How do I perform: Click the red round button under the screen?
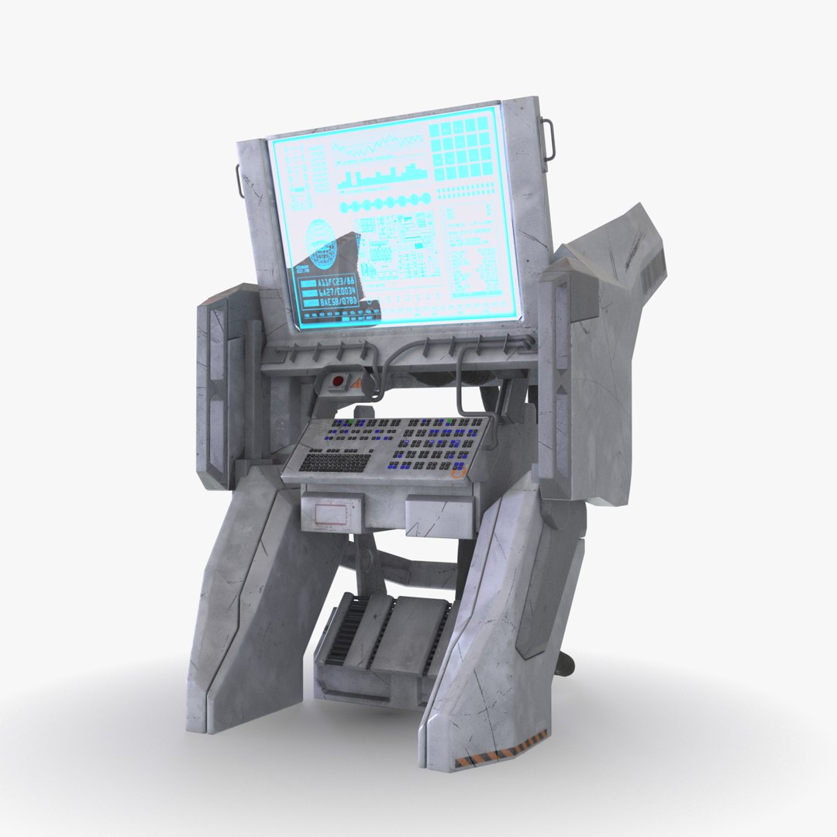tap(338, 381)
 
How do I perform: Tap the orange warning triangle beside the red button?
tap(356, 383)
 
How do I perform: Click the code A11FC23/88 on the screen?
tap(337, 282)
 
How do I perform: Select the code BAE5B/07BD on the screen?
tap(339, 301)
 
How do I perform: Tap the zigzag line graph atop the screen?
tap(377, 145)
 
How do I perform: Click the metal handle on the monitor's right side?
tap(552, 138)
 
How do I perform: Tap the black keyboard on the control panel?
tap(335, 462)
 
